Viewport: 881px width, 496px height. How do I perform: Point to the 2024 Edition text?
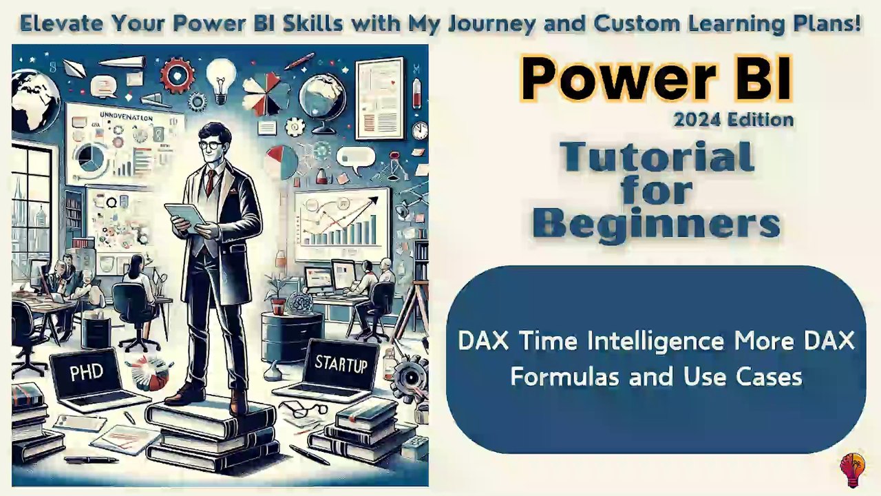(734, 120)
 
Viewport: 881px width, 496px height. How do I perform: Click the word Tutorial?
(657, 157)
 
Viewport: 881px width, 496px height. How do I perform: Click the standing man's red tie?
(210, 181)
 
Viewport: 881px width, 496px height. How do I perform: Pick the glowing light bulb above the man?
(221, 76)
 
